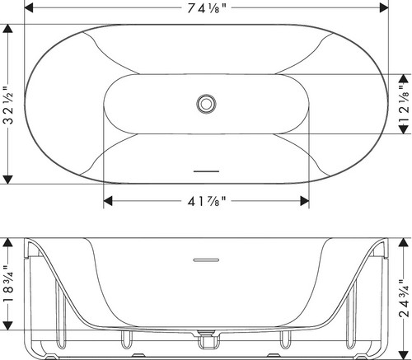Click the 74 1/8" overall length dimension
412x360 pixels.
point(207,8)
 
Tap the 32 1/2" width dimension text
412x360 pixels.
point(8,105)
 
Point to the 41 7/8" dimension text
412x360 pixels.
point(207,201)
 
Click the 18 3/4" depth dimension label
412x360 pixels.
point(8,283)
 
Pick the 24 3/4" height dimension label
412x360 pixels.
point(404,298)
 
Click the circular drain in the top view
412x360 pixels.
point(206,104)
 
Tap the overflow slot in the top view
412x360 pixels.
point(206,171)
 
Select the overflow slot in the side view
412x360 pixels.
point(206,259)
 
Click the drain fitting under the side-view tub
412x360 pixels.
point(206,340)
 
